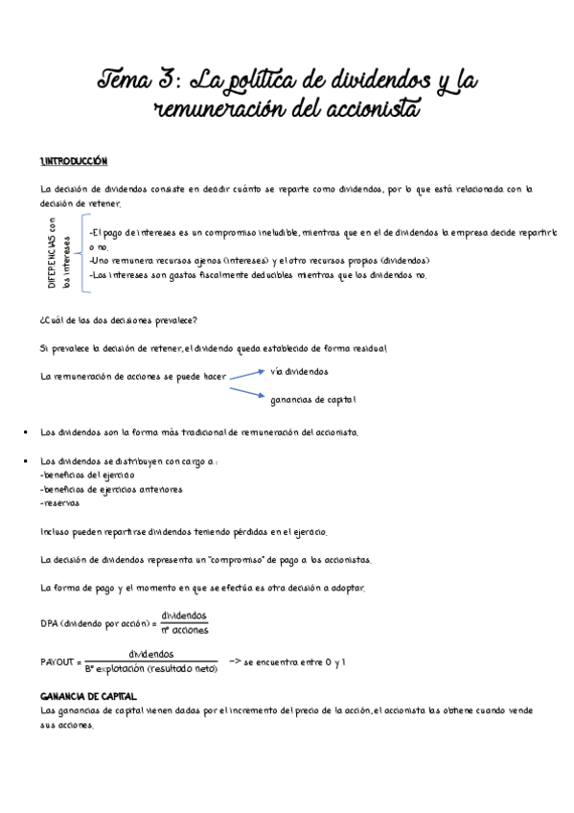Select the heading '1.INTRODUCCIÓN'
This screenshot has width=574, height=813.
point(74,160)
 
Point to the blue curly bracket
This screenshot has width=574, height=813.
point(81,251)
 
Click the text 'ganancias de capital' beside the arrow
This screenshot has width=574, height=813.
point(313,399)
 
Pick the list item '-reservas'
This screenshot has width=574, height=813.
point(60,502)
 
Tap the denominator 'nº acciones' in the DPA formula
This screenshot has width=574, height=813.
point(185,630)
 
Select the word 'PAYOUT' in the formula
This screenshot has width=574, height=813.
point(59,662)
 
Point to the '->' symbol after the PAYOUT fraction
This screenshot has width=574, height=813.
point(235,661)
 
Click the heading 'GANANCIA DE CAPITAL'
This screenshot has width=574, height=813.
point(88,695)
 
